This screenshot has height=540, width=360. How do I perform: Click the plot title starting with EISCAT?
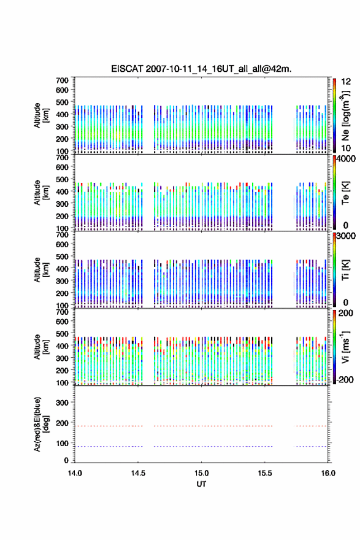tap(201, 69)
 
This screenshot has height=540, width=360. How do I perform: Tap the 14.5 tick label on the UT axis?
tap(138, 473)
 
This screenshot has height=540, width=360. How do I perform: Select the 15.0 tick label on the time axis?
tap(201, 473)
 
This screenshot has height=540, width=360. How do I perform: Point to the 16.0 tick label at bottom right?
tap(328, 473)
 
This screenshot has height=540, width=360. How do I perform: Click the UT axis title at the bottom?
tap(201, 484)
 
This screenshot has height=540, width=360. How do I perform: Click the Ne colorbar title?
tap(345, 116)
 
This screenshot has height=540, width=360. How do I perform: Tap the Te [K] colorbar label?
tap(345, 193)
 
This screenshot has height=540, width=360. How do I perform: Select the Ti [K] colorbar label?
tap(345, 270)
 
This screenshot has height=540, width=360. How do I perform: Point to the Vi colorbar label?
tap(345, 347)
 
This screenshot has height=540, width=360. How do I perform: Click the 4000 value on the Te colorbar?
tap(346, 160)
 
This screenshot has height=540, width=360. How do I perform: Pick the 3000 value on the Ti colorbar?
tap(346, 236)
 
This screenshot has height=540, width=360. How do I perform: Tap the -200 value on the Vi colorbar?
tap(345, 379)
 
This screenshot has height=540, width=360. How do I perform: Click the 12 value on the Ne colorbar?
tap(346, 82)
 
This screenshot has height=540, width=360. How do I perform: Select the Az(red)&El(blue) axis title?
tap(42, 424)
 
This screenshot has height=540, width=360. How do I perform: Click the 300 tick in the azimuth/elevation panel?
tap(62, 403)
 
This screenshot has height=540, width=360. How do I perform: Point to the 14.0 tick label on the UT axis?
tap(75, 473)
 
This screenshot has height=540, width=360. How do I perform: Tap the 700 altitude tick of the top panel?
tap(62, 80)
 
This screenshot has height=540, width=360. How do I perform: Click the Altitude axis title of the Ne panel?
tap(42, 115)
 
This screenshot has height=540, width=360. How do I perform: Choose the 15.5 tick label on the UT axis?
tap(265, 473)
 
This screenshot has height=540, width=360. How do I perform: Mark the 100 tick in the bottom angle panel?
tap(62, 443)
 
